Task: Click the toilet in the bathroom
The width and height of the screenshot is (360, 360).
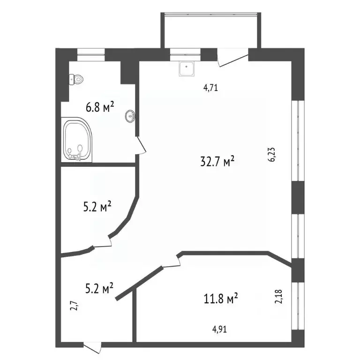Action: (x=76, y=79)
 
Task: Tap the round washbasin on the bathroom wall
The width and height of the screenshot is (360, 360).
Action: (x=130, y=116)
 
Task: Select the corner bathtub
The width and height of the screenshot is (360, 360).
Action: (x=77, y=140)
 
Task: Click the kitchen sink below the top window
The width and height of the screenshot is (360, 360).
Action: (x=187, y=68)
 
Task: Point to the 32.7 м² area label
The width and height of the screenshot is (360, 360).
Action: (x=217, y=161)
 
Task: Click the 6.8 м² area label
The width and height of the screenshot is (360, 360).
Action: (x=100, y=107)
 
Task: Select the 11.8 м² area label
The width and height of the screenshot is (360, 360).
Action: (x=221, y=298)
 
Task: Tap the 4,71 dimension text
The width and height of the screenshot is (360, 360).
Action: (x=210, y=88)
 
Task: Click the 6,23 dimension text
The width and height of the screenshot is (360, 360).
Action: (x=272, y=155)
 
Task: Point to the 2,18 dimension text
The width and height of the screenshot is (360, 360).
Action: (x=278, y=297)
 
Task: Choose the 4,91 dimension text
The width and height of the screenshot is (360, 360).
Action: (x=219, y=330)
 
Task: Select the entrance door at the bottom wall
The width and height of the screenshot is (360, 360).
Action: (x=92, y=347)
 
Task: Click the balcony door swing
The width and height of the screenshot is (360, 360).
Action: (x=233, y=58)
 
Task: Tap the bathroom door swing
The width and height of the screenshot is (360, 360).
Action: (x=141, y=146)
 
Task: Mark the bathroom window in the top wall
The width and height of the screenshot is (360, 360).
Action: (x=91, y=55)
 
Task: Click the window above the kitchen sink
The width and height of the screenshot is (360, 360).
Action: (x=185, y=55)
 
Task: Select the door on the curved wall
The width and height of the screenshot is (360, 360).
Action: (x=103, y=243)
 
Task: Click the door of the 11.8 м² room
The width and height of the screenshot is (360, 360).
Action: (x=171, y=262)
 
